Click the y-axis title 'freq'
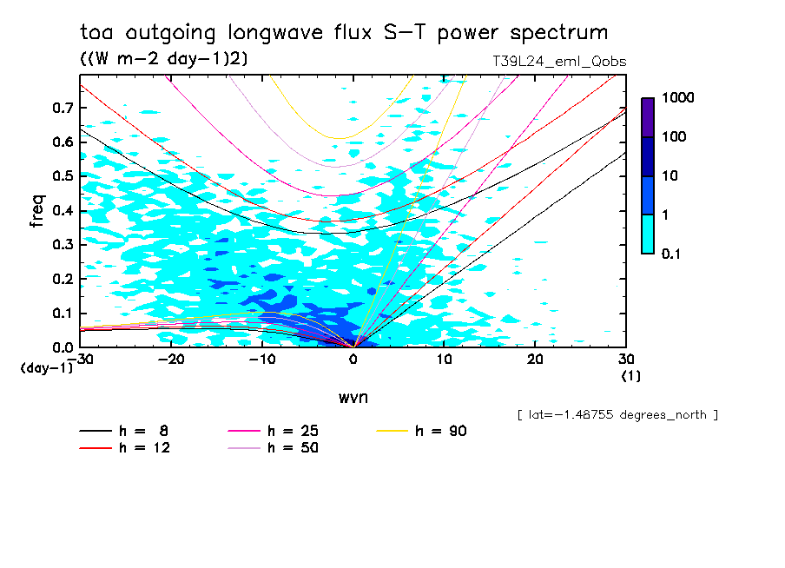click(36, 211)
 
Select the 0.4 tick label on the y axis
click(63, 210)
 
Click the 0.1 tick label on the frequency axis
click(63, 314)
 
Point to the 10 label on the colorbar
click(670, 176)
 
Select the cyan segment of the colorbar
click(648, 234)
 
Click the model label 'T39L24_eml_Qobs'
click(558, 61)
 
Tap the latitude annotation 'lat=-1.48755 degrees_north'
click(617, 414)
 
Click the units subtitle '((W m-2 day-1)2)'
click(163, 59)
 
